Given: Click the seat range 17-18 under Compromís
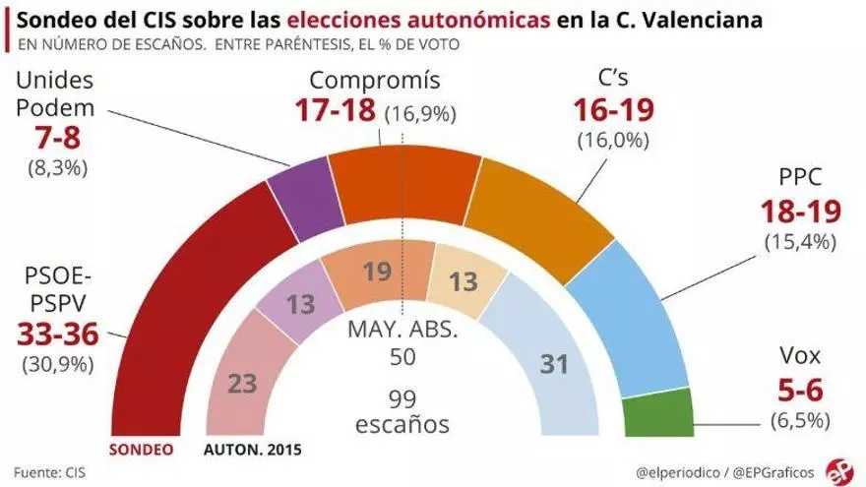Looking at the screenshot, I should [x=337, y=110].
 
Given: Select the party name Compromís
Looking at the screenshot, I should [x=374, y=80].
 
